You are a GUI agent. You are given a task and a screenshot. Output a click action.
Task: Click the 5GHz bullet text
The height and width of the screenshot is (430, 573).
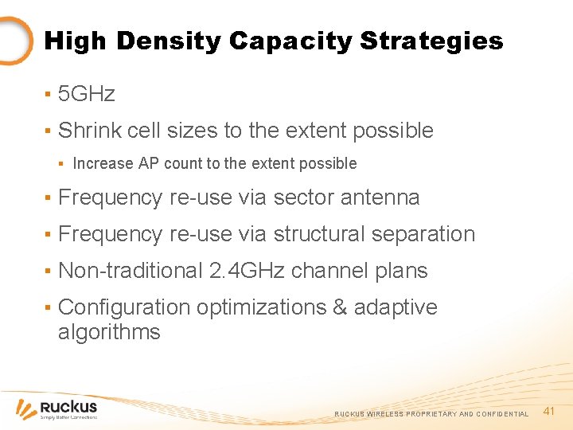(87, 94)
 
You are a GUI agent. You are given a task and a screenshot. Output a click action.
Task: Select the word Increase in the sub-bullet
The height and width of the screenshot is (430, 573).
(103, 163)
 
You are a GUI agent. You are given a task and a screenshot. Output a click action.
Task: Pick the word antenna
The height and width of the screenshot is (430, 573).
(380, 197)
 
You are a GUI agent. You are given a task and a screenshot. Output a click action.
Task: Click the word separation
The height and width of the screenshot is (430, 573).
(427, 234)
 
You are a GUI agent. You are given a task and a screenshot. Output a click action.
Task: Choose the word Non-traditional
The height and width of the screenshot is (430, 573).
(131, 271)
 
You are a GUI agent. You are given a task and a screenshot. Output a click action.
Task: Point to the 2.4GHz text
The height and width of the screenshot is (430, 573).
(247, 271)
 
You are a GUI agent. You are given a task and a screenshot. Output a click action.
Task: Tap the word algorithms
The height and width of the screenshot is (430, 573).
(109, 332)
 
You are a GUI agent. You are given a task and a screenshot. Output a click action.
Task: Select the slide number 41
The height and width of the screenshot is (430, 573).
(548, 411)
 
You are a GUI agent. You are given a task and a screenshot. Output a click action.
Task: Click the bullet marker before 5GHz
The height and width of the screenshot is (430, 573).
(48, 95)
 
